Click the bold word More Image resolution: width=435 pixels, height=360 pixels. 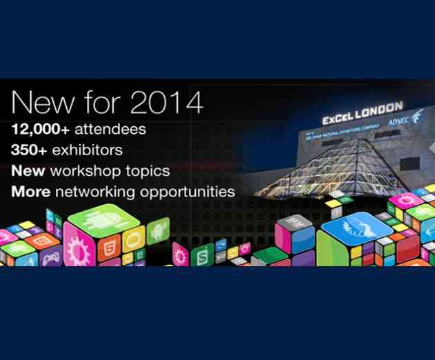click(x=30, y=190)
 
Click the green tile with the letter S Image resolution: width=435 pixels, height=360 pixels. click(x=202, y=257)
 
